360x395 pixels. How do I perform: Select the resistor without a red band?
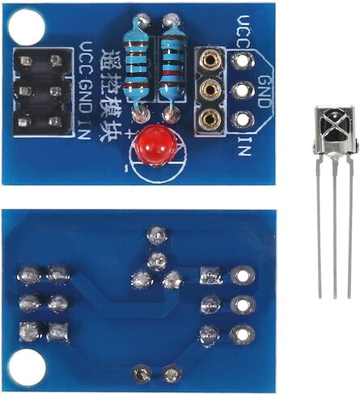click(137, 65)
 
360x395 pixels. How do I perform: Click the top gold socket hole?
click(209, 58)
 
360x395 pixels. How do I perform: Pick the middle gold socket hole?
click(209, 88)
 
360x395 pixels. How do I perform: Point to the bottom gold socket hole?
click(209, 118)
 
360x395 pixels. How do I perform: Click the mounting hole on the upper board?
click(26, 27)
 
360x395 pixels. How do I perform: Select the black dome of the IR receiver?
click(335, 126)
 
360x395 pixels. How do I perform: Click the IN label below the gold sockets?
click(244, 147)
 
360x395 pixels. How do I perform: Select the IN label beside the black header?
click(84, 130)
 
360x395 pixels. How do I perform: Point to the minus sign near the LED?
click(126, 169)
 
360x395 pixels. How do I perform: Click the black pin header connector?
click(42, 91)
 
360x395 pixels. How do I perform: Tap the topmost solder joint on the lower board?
click(157, 236)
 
